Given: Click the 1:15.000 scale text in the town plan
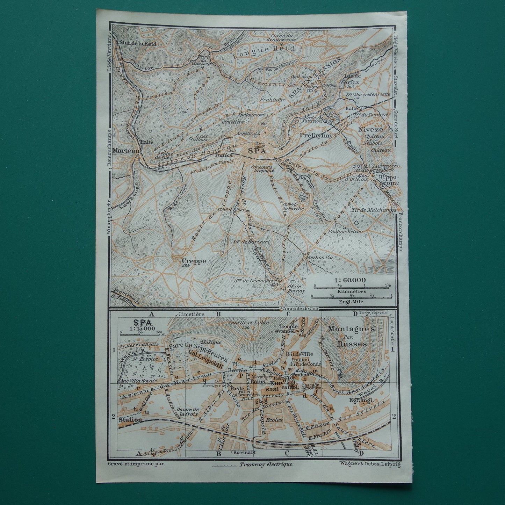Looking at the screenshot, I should click(135, 328).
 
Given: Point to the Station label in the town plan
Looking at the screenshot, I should click(130, 419).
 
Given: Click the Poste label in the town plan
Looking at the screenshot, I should click(236, 389).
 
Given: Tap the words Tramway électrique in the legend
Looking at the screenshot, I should click(266, 464).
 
